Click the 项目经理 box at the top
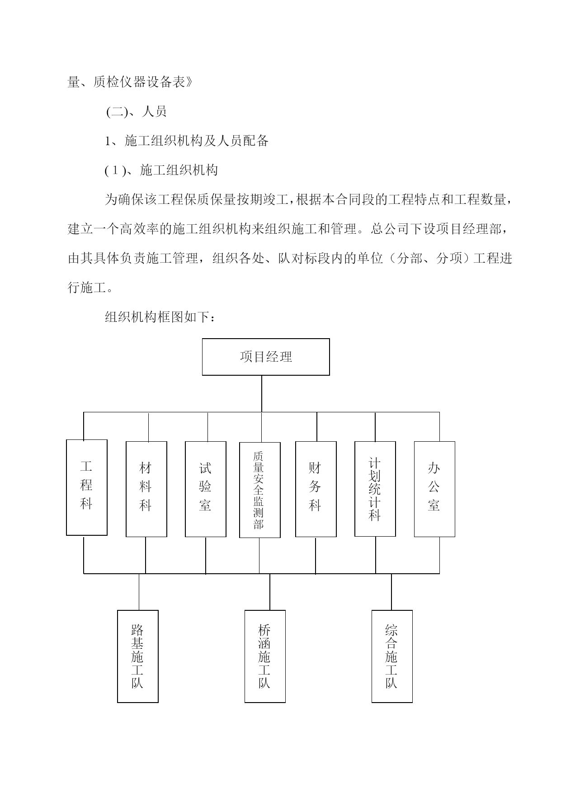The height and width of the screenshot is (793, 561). click(x=266, y=357)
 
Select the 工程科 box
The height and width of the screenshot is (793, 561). click(x=87, y=487)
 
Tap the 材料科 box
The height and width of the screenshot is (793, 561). click(x=146, y=489)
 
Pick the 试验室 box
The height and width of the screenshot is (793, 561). click(x=206, y=489)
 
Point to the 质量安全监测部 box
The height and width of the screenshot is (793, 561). click(x=260, y=490)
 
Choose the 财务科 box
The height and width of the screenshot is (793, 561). click(x=316, y=489)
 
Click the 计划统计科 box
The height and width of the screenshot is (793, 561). click(x=375, y=489)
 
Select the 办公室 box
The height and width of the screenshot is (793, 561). click(x=434, y=489)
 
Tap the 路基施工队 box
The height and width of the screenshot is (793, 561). click(x=138, y=656)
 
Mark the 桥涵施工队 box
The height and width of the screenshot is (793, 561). click(x=265, y=656)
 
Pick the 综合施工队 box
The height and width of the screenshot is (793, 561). click(x=392, y=656)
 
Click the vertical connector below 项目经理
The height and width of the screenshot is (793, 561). click(x=262, y=393)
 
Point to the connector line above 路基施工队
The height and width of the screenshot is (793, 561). click(x=139, y=592)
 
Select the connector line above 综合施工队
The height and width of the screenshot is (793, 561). click(x=391, y=592)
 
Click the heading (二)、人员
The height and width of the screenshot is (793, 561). click(x=137, y=112)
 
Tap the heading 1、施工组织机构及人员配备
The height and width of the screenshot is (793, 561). click(x=187, y=141)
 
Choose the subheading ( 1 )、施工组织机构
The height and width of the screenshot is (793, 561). click(x=161, y=170)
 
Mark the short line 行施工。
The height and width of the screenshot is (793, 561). click(x=90, y=288)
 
